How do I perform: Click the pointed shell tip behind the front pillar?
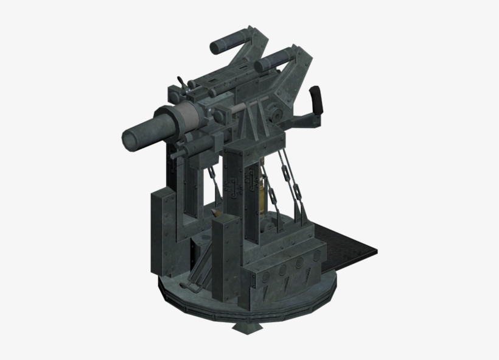coord(217,213)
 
